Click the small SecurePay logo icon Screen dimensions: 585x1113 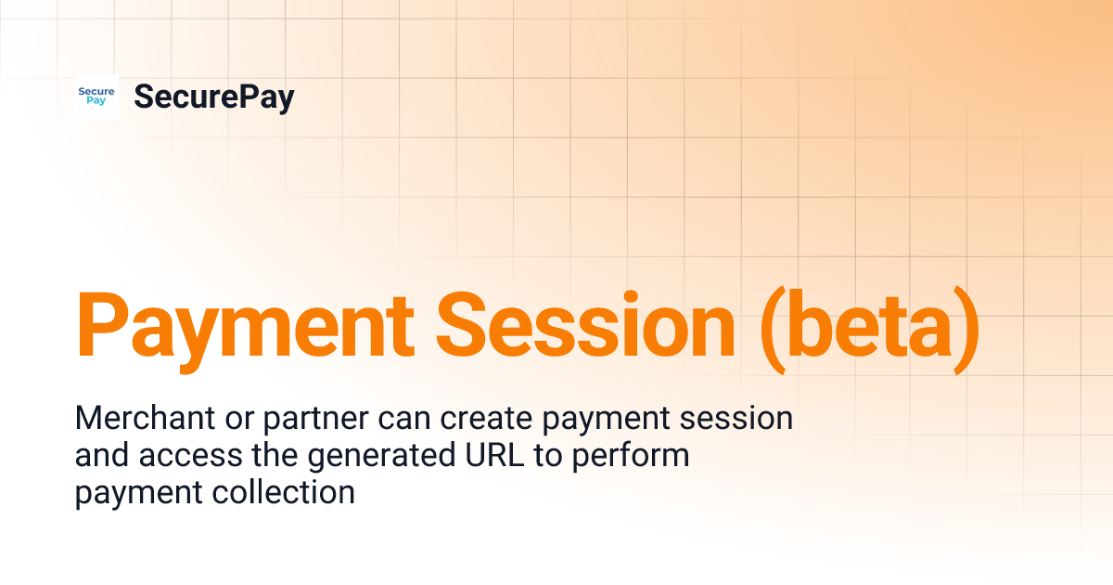click(96, 97)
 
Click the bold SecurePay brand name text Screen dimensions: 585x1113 click(213, 97)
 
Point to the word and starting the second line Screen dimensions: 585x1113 click(100, 455)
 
